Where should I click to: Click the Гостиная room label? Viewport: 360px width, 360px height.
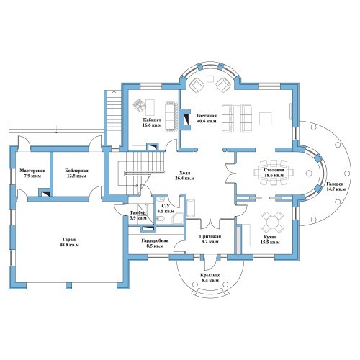point(207,118)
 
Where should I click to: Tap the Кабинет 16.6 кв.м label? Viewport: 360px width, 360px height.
point(152,122)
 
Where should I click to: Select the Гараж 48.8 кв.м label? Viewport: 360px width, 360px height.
point(70,242)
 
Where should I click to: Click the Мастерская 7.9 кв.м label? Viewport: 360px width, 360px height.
point(32,174)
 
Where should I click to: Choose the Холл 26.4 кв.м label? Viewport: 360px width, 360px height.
point(184,176)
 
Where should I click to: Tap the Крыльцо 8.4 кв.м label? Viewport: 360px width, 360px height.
point(210,278)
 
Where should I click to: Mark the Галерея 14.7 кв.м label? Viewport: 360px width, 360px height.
point(336,186)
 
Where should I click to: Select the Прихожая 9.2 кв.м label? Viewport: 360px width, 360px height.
point(210,239)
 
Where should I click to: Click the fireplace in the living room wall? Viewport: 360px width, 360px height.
point(184,119)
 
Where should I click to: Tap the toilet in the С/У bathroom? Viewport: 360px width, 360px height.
point(161,218)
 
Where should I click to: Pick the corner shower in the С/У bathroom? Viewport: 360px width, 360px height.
point(177,217)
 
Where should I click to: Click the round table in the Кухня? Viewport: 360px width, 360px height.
point(273,221)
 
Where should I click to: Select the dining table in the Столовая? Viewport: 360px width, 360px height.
point(274,172)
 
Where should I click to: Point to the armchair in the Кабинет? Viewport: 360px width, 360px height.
point(140,105)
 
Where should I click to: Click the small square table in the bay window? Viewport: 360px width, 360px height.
point(210,78)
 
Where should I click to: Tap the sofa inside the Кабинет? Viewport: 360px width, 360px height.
point(171,117)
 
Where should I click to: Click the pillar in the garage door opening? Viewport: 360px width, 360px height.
point(69,286)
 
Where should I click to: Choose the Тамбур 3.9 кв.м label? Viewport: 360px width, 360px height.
point(138,215)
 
